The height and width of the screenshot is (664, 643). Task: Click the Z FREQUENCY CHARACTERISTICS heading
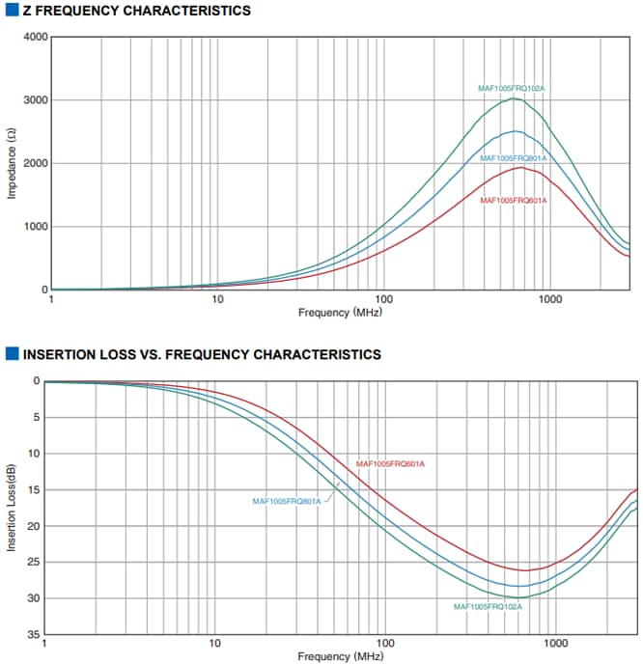coord(135,11)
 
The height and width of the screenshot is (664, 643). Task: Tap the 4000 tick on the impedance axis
coord(35,38)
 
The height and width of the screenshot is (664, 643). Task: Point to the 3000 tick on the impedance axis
coord(35,100)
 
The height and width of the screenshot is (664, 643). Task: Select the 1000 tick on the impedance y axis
coord(35,227)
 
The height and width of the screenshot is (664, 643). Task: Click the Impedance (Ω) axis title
coord(12,164)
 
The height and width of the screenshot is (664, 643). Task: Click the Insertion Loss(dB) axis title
coord(12,508)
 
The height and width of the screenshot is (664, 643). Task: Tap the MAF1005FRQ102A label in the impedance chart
coord(512,89)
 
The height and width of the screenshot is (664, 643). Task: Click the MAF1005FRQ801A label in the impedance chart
coord(514,158)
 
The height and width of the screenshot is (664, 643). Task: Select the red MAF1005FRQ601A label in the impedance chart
coord(514,201)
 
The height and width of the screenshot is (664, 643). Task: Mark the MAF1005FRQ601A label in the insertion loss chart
coord(391,464)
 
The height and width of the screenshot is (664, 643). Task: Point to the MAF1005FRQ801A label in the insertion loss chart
coord(287,501)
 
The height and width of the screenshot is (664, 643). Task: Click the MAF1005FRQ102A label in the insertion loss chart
coord(488,606)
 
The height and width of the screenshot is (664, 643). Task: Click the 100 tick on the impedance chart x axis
coord(383,299)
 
